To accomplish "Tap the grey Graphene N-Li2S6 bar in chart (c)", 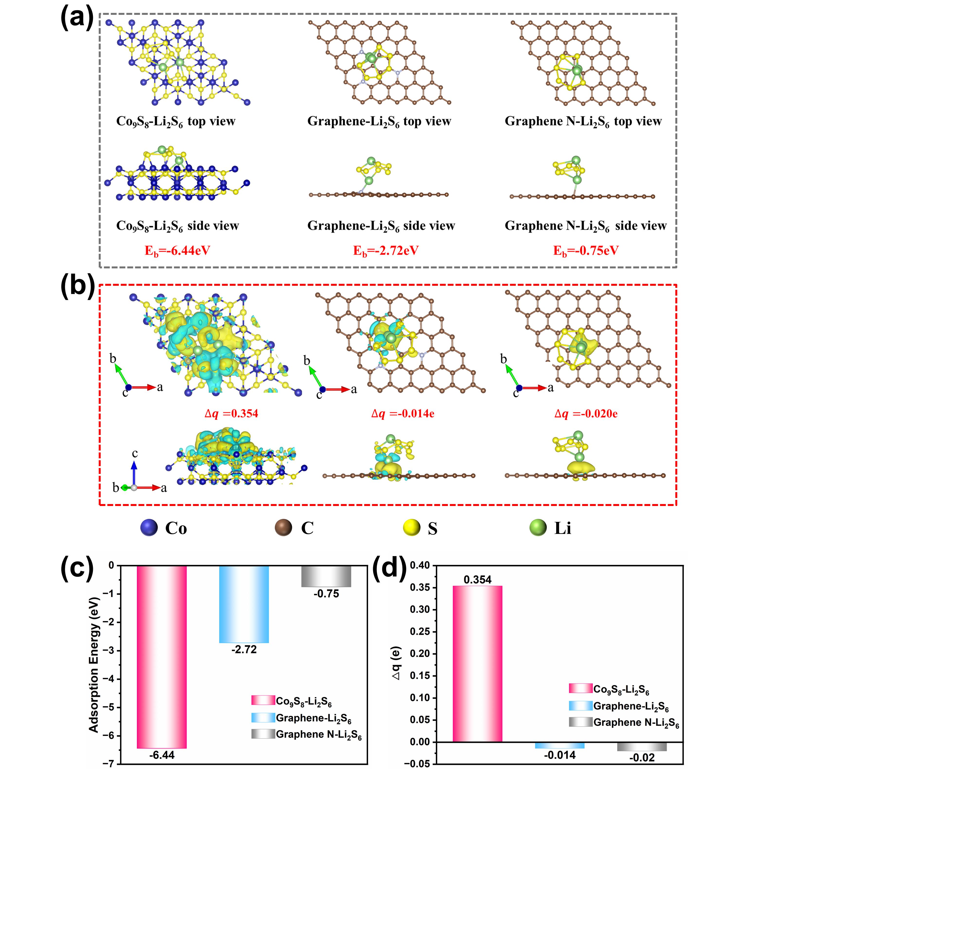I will coord(326,576).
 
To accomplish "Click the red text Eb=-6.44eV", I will coord(177,251).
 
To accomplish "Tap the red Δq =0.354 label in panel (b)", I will coord(232,413).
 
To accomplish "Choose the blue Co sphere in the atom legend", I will coord(149,528).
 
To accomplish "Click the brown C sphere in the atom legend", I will coord(283,528).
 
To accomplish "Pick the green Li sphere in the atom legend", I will coord(538,528).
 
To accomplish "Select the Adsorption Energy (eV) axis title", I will coord(94,665).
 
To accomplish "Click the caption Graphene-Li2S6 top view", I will coord(379,121).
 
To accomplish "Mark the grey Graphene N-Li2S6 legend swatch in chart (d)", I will coord(581,722).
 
